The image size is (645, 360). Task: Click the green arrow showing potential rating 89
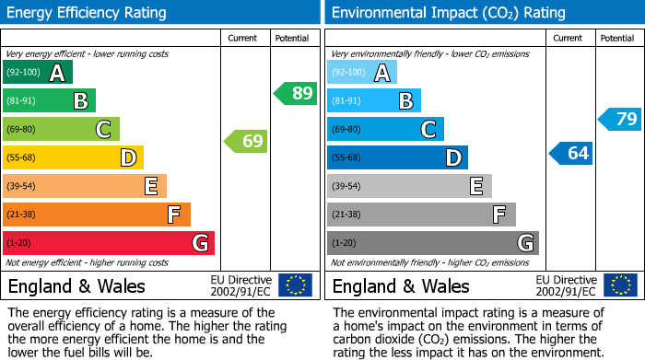[x=296, y=93]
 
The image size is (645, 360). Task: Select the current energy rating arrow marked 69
[x=246, y=141]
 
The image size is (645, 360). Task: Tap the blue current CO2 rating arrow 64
[x=571, y=153]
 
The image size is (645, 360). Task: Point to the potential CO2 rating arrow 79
[x=620, y=119]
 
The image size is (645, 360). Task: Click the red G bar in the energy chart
[x=109, y=243]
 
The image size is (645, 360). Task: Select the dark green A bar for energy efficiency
[x=38, y=73]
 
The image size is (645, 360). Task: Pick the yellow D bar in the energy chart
[x=73, y=158]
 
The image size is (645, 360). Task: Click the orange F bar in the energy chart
[x=97, y=215]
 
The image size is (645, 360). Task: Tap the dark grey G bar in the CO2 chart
[x=432, y=243]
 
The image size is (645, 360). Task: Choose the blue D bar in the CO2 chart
[x=397, y=158]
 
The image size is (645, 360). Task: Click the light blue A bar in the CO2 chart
[x=362, y=73]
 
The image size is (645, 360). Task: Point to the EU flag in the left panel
[x=295, y=285]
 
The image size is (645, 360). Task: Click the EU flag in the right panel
[x=620, y=285]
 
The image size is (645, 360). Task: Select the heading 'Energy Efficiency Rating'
[x=88, y=13]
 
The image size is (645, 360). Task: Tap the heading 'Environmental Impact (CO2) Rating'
[x=448, y=13]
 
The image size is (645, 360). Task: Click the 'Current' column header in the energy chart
[x=244, y=38]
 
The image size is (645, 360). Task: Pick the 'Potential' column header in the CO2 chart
[x=617, y=38]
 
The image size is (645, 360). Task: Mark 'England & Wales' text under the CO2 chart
[x=401, y=286]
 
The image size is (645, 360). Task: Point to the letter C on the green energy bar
[x=104, y=130]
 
